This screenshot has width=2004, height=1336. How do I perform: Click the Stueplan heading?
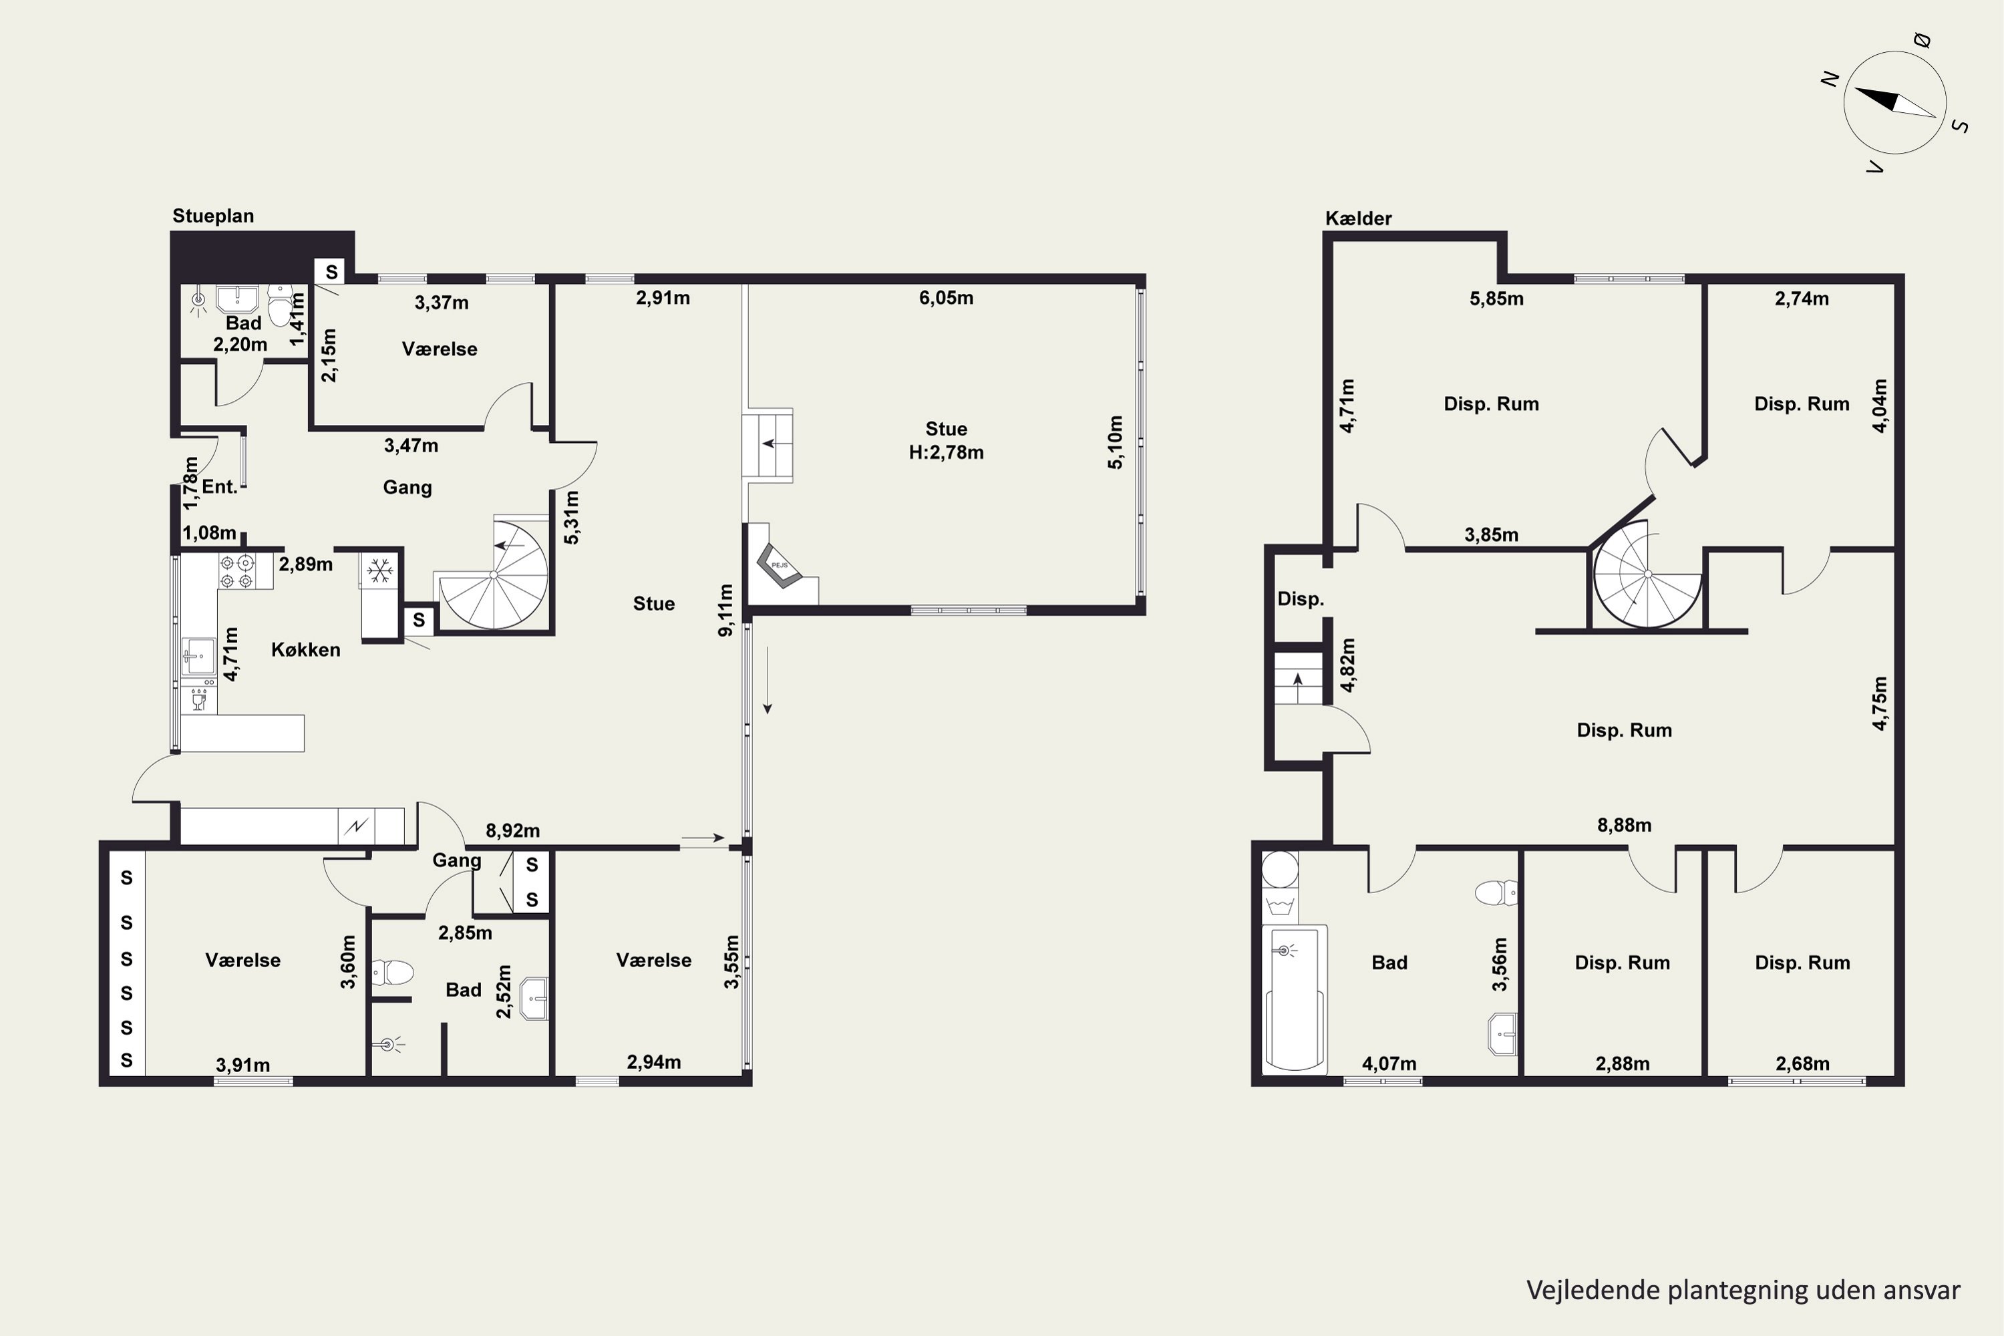213,216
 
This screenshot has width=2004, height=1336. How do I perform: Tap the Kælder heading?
1358,218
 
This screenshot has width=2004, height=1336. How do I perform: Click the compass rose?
1895,102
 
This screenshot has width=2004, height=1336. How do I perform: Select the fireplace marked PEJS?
780,566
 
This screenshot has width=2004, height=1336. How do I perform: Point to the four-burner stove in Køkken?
236,571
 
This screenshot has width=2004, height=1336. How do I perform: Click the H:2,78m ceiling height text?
946,452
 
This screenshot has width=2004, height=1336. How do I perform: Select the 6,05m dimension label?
946,297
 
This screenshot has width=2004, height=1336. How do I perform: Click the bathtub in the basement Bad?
1295,998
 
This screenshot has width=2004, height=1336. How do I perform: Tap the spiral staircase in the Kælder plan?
1647,574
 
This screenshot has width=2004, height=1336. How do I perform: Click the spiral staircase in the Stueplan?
495,575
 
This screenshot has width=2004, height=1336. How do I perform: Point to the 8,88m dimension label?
1624,825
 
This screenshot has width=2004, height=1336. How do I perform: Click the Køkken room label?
306,649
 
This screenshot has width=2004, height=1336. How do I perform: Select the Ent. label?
219,486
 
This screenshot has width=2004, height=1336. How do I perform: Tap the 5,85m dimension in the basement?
1496,298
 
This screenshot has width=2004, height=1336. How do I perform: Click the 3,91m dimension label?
243,1065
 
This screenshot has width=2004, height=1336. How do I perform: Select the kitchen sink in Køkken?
198,656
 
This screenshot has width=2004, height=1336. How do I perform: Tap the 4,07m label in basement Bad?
1389,1063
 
